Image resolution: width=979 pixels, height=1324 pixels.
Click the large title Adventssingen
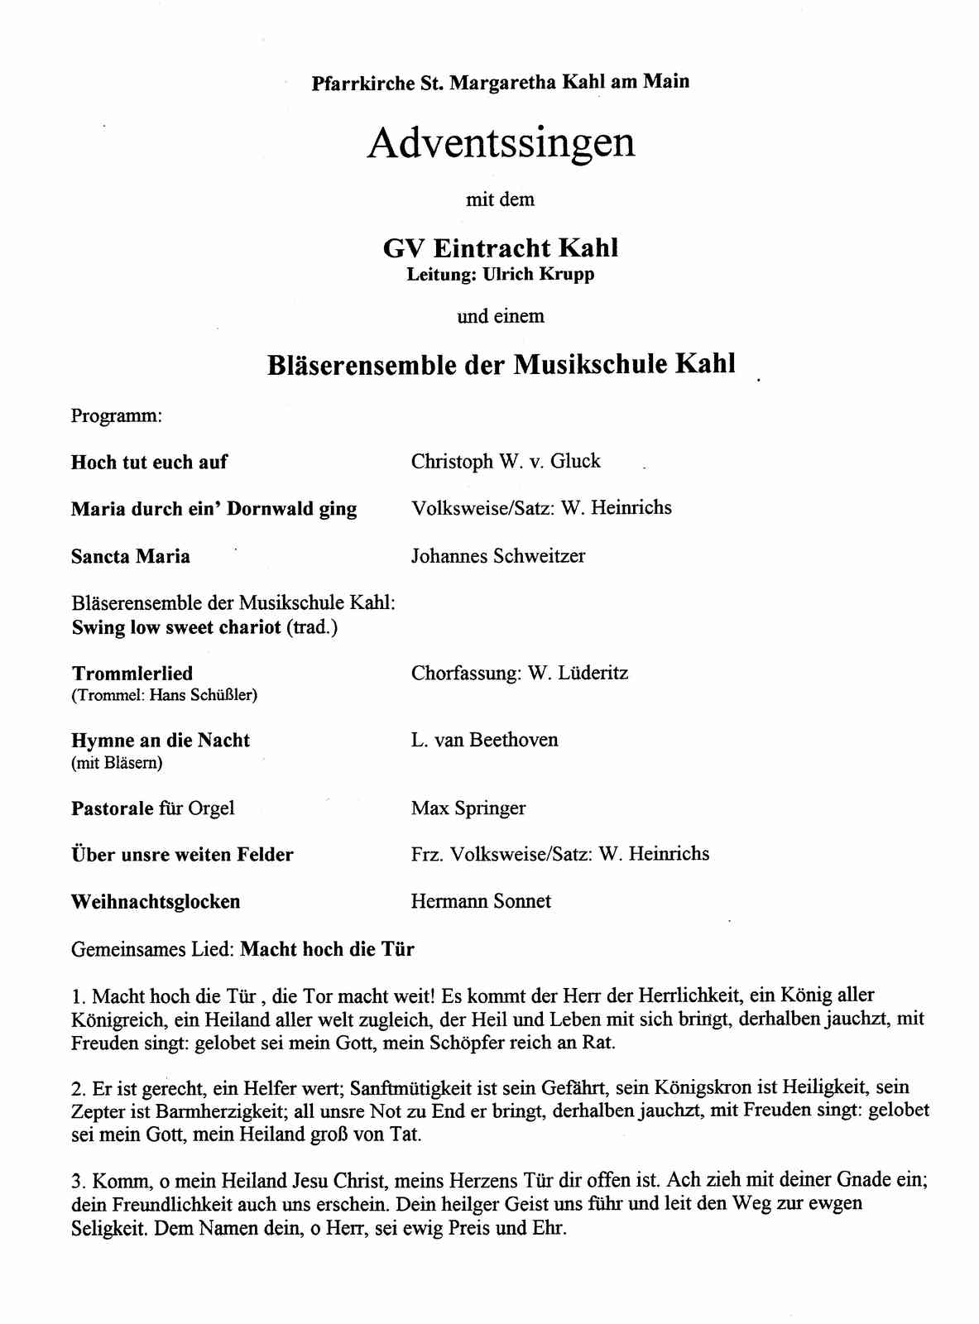coord(501,143)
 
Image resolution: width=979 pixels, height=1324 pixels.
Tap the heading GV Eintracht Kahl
coord(501,247)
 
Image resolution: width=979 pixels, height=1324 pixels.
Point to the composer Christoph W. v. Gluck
coord(506,461)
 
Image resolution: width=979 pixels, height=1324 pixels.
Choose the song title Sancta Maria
coord(131,556)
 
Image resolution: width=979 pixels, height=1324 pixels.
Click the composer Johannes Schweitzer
coord(498,556)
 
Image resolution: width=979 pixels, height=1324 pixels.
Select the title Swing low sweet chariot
coord(176,627)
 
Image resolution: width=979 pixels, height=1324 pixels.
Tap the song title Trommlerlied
coord(132,674)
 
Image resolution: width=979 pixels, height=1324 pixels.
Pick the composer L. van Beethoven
coord(484,740)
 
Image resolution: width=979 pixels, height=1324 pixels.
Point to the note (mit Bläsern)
coord(117,763)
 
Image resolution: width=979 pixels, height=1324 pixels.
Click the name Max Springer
coord(468,808)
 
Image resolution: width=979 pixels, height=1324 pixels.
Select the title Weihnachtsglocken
coord(156,902)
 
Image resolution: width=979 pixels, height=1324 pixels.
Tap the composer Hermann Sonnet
coord(481,901)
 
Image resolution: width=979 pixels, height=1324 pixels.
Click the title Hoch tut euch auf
coord(149,462)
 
